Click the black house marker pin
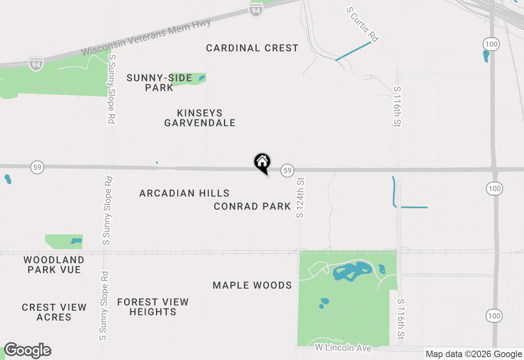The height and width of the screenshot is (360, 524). coord(262,163)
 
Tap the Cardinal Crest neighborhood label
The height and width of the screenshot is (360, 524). coord(252,48)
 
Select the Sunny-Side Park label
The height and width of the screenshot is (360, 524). coord(159,83)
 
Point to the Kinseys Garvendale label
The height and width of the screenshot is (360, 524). coord(200,118)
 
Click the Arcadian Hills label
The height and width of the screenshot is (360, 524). coord(184,193)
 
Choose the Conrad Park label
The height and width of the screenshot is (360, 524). coord(252,206)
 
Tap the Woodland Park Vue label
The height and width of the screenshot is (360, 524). coord(54,265)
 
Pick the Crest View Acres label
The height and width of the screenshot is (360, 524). coord(54,312)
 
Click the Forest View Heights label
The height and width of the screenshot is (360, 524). coord(153,307)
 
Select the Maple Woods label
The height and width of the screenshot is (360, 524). coord(252,285)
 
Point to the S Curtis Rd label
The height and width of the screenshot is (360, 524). coord(362,25)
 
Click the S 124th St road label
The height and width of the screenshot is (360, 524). coord(300,197)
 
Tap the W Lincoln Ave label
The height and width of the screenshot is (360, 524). coord(343,348)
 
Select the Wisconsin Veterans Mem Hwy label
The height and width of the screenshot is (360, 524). coord(146,37)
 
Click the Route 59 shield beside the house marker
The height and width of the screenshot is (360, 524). coord(288,171)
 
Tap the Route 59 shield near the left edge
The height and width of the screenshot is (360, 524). coord(38,167)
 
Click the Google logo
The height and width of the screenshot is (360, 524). coord(28,351)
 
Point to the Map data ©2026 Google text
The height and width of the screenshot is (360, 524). coord(474,354)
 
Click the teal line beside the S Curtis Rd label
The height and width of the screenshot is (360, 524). coord(353,51)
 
